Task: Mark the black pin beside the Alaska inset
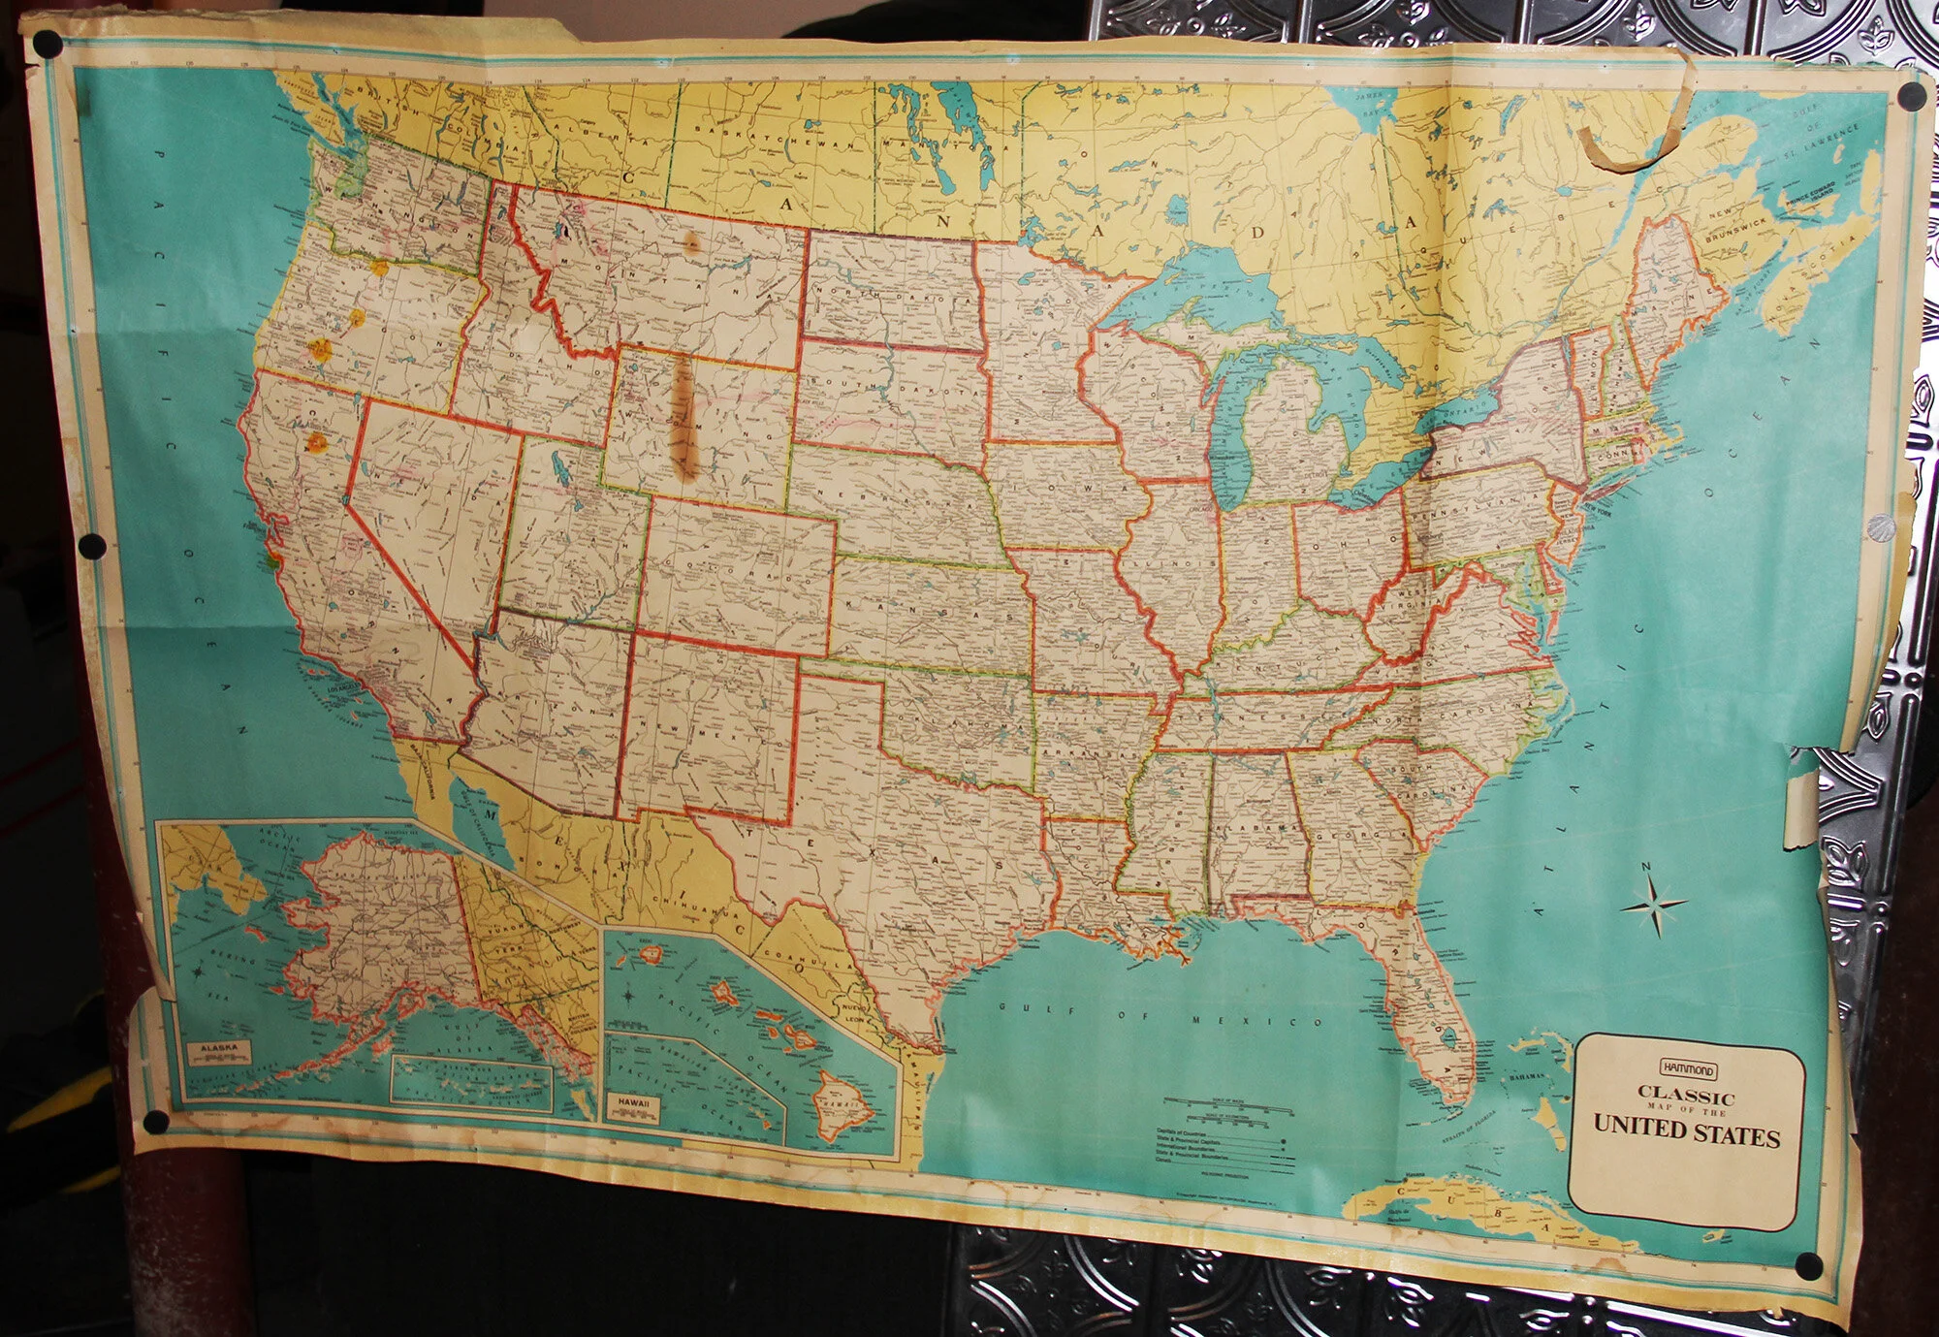click(x=155, y=1123)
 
